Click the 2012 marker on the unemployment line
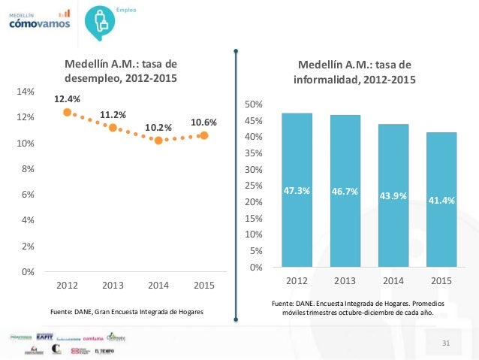click(x=67, y=112)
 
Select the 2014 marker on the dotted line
click(x=158, y=140)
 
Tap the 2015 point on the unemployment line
click(x=203, y=135)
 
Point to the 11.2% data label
click(x=113, y=114)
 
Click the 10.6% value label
click(x=203, y=122)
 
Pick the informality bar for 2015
click(x=441, y=199)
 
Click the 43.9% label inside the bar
click(x=393, y=196)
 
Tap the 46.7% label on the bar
click(x=345, y=192)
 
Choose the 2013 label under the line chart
click(x=113, y=286)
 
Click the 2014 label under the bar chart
click(x=393, y=281)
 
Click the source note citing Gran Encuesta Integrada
click(x=126, y=310)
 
